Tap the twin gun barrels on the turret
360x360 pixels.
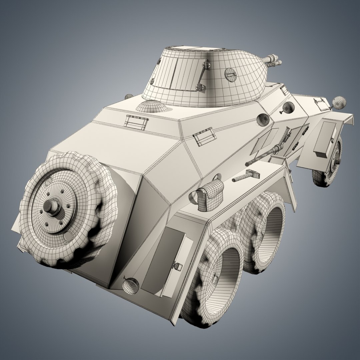[x=273, y=61]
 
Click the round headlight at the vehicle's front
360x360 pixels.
[x=339, y=102]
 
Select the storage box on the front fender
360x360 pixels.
[x=325, y=139]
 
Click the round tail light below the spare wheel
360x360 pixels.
[x=131, y=286]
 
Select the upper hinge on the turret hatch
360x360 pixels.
[x=206, y=63]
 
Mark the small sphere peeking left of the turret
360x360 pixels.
[x=129, y=96]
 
